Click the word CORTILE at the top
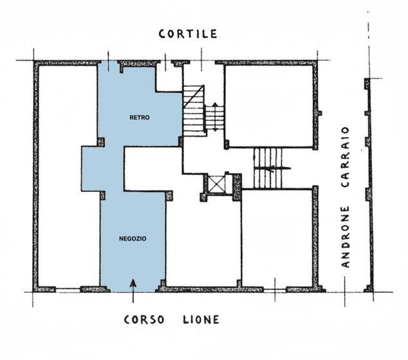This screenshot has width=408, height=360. pos(188,34)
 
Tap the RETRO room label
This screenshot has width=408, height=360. pos(139,118)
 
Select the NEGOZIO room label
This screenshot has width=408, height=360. pos(133,239)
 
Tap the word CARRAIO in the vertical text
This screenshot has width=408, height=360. pos(346,157)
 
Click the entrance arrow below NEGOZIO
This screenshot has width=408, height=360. pos(133,288)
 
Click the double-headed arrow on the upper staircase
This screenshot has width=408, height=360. pos(214,118)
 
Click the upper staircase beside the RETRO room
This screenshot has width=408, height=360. pos(194,109)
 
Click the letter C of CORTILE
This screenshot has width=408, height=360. pos(163,34)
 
